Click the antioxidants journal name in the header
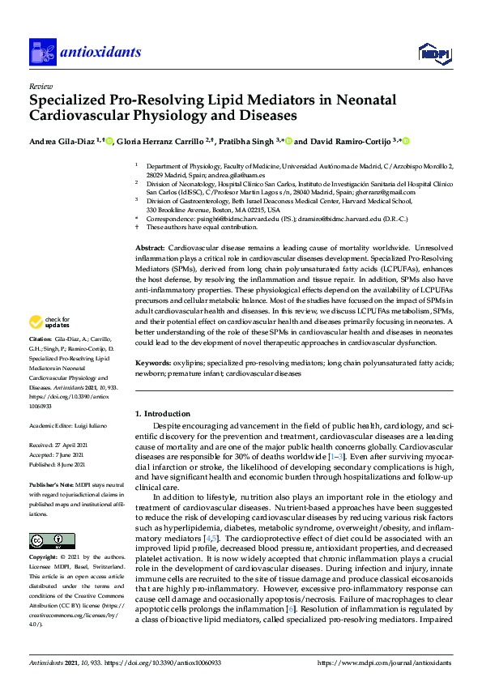coord(100,53)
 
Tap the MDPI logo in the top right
coord(434,53)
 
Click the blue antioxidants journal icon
coord(41,53)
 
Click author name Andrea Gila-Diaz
coord(62,140)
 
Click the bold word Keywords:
coord(151,364)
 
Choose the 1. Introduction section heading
coord(166,413)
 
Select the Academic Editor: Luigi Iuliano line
coord(68,424)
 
